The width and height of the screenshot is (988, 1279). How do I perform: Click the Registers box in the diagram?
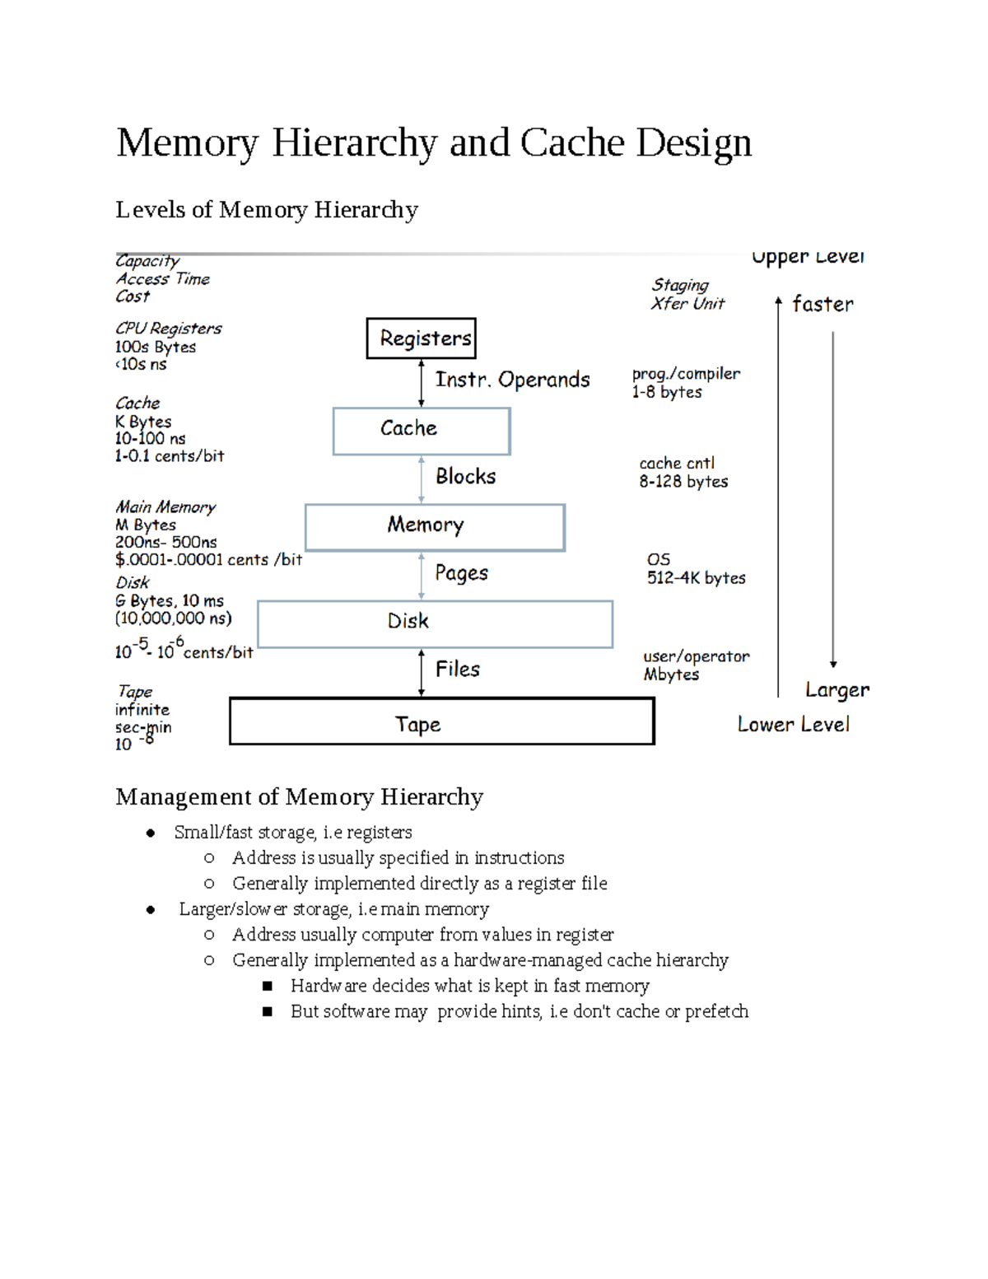point(422,338)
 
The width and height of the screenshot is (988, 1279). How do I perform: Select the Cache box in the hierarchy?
point(422,431)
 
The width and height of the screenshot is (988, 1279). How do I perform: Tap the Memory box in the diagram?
point(435,527)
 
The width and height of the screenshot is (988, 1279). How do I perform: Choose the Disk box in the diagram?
point(435,623)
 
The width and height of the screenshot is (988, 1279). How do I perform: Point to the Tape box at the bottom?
point(441,721)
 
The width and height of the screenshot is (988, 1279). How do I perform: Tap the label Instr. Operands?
point(512,380)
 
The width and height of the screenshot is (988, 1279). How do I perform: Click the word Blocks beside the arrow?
point(466,477)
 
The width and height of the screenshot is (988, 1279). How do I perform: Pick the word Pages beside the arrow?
point(461,573)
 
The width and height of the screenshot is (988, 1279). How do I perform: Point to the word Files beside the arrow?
point(458,670)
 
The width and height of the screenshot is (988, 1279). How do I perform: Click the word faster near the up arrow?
point(823,305)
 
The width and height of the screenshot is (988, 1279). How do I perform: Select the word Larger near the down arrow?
point(837,690)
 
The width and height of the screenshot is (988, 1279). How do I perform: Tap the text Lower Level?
point(793,725)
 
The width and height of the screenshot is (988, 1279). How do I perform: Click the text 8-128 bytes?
point(683,482)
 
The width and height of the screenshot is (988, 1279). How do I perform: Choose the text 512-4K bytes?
point(696,578)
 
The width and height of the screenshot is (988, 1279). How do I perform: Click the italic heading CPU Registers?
point(169,329)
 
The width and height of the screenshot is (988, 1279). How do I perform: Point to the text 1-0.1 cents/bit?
point(170,456)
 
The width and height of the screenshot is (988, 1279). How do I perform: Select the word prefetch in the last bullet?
point(716,1011)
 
